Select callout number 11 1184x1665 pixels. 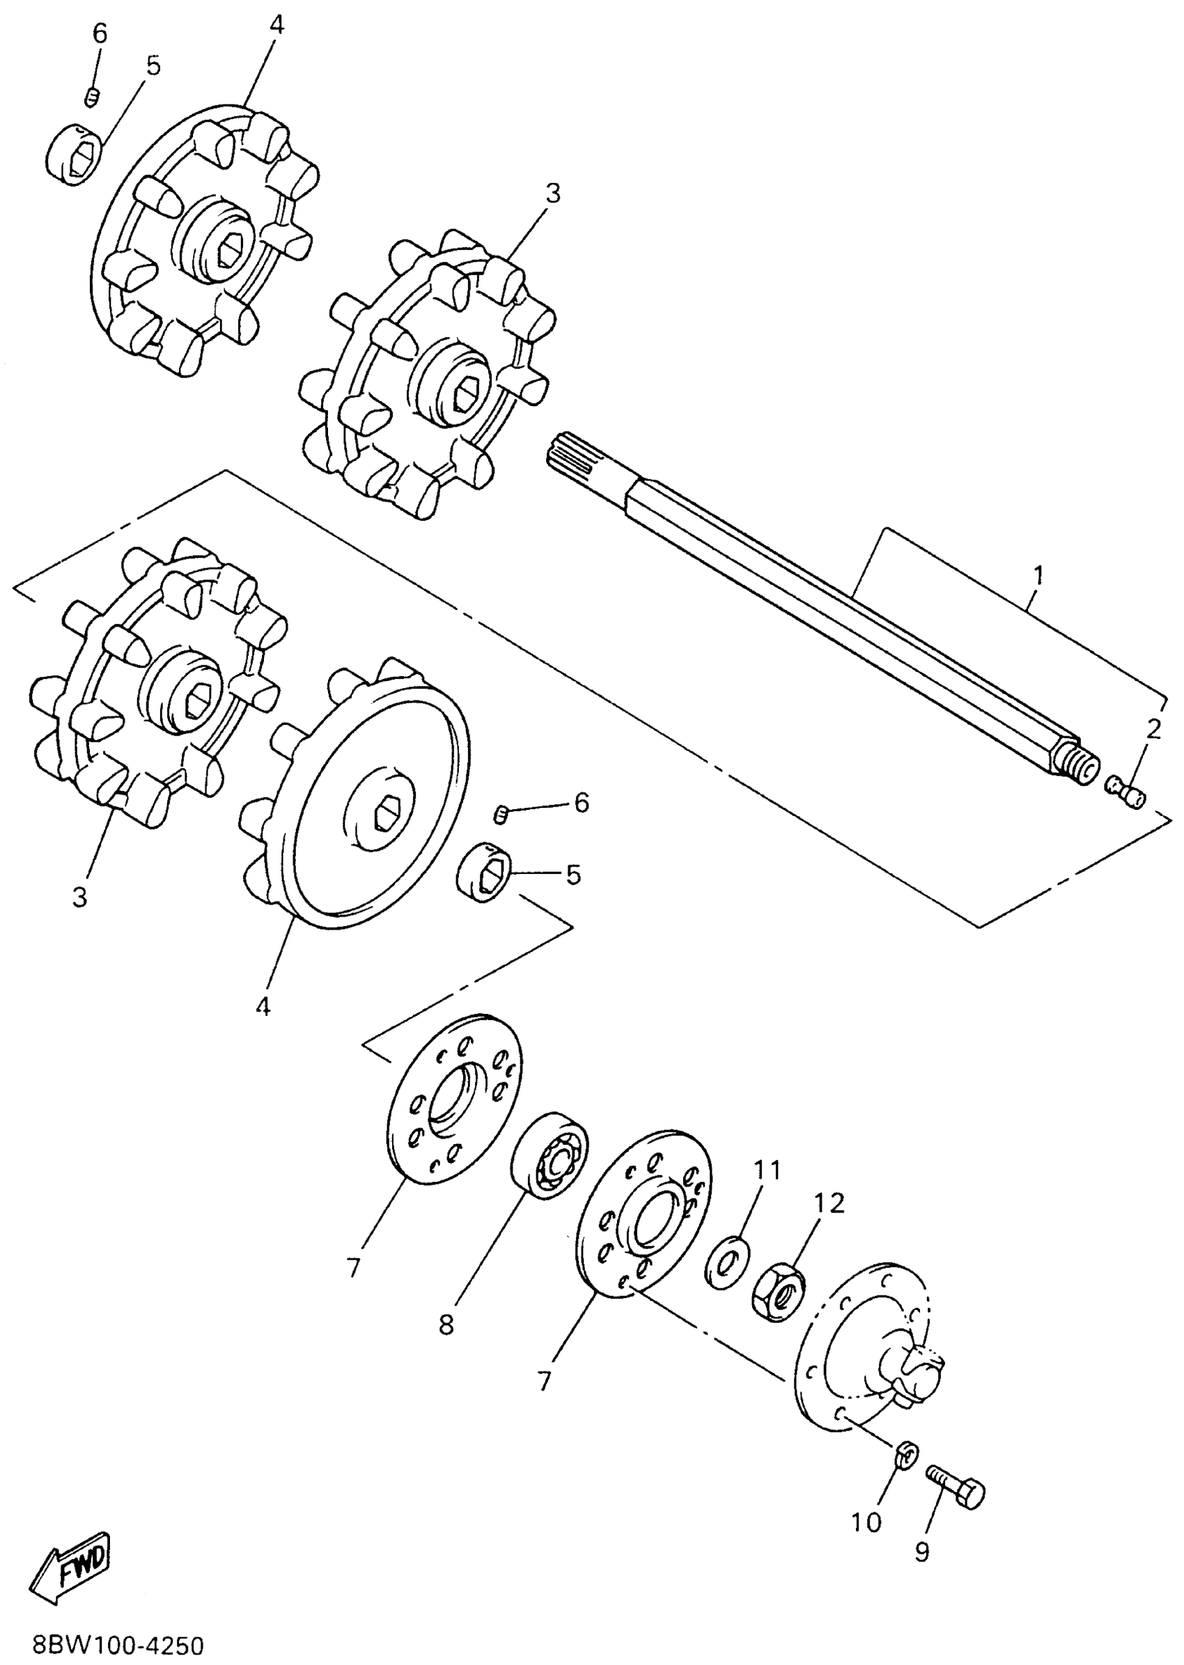[766, 1170]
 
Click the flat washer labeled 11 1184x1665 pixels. [726, 1261]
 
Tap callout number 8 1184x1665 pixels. [446, 1324]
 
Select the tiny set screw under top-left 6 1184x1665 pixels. [92, 97]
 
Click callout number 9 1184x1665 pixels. [922, 1553]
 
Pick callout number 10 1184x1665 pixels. [866, 1522]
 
